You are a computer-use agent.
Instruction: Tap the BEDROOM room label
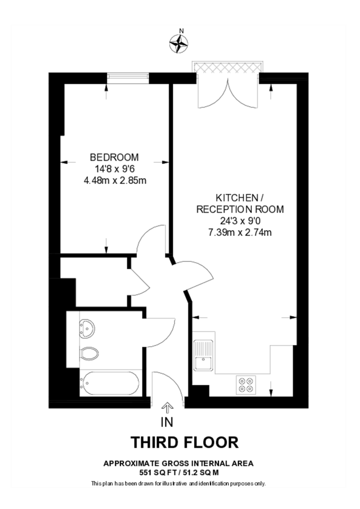point(114,157)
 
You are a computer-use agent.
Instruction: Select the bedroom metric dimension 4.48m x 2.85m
point(115,180)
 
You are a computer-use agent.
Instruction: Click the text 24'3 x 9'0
point(241,221)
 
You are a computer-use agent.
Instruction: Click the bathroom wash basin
point(87,328)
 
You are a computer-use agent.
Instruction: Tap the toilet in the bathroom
point(89,353)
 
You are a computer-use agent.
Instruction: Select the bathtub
point(109,383)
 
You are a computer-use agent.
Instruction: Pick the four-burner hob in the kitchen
point(246,385)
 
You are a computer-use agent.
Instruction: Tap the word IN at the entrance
point(167,422)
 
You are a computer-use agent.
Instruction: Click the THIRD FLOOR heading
point(185,442)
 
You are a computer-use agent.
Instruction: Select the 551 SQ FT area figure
point(156,473)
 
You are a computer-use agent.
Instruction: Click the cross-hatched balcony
point(227,67)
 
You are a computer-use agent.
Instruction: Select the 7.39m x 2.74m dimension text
point(240,232)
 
